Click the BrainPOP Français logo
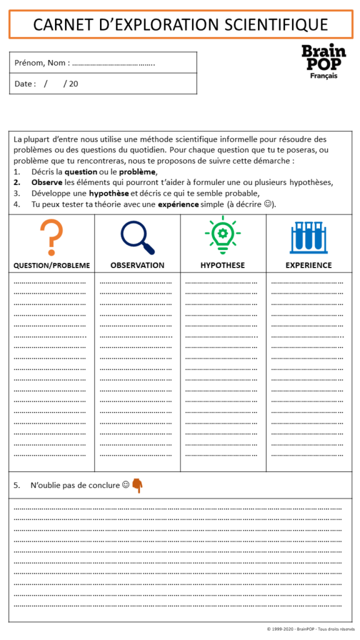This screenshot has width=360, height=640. tap(323, 61)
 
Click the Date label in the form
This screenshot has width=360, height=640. tap(25, 84)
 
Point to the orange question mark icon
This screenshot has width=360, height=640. tap(51, 237)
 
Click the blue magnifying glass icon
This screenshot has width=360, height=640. tap(137, 238)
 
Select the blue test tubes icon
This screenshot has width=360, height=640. tap(308, 237)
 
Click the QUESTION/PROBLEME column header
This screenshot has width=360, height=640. tap(52, 265)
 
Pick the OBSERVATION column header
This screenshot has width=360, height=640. tap(137, 265)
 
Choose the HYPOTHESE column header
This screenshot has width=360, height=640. tap(222, 265)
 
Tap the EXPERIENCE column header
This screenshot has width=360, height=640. tap(309, 265)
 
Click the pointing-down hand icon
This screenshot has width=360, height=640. tap(137, 486)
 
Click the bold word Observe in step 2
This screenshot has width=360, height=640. tap(47, 182)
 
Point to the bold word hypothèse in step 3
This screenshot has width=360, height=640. tap(109, 193)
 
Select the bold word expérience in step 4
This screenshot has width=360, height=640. tap(178, 204)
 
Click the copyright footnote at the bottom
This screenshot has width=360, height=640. tap(310, 629)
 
